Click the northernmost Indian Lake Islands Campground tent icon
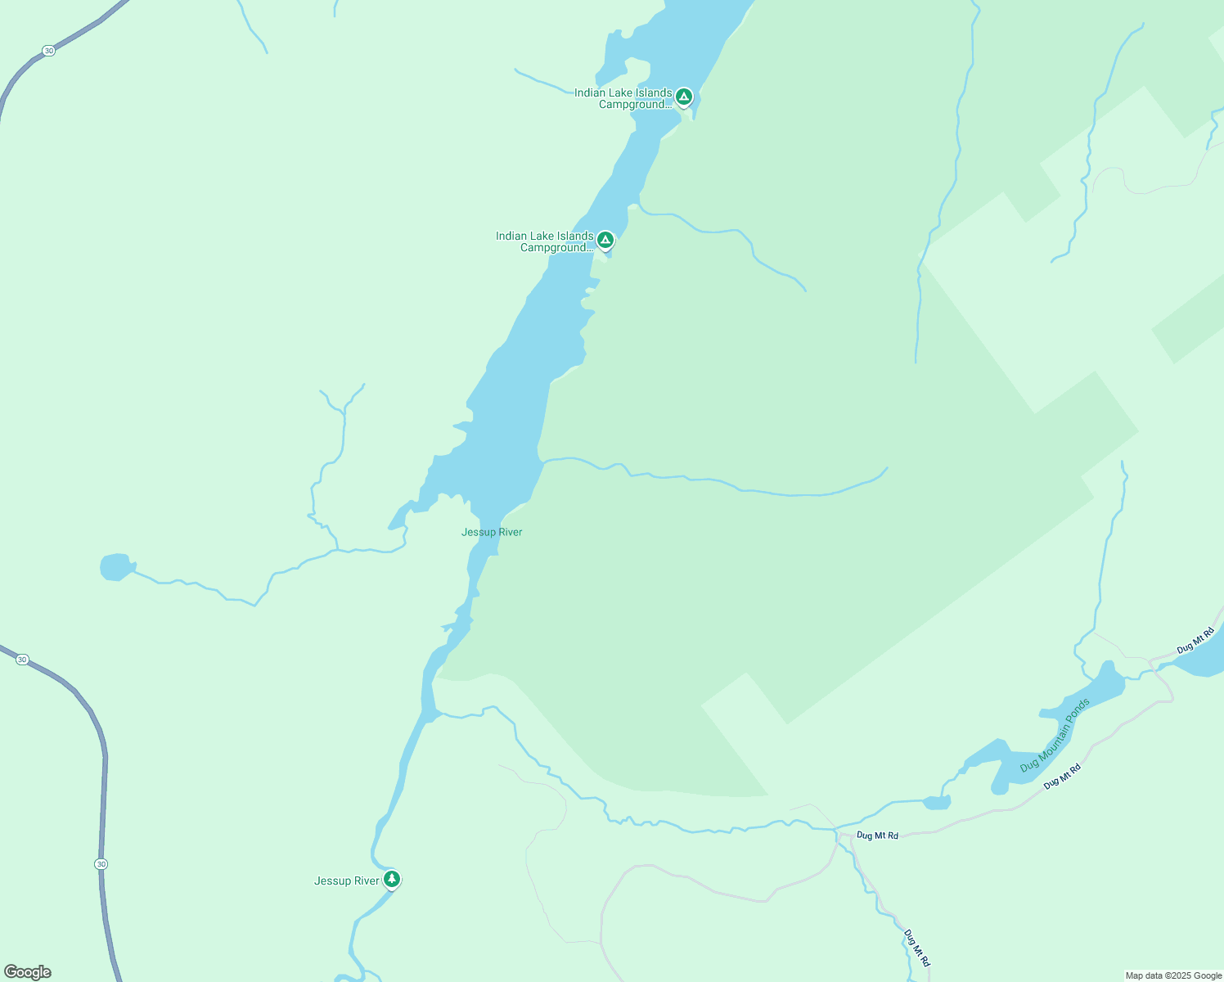pyautogui.click(x=684, y=97)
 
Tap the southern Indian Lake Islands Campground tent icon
pyautogui.click(x=605, y=240)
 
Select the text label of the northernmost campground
pyautogui.click(x=623, y=98)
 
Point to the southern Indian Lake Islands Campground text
pyautogui.click(x=545, y=241)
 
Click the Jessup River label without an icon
pyautogui.click(x=492, y=532)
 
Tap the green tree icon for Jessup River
pyautogui.click(x=392, y=879)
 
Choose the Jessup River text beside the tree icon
pyautogui.click(x=347, y=881)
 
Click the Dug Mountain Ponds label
pyautogui.click(x=1055, y=735)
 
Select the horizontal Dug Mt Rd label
pyautogui.click(x=877, y=836)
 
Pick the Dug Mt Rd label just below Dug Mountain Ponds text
pyautogui.click(x=1062, y=776)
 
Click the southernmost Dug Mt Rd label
pyautogui.click(x=917, y=948)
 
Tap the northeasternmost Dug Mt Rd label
pyautogui.click(x=1195, y=642)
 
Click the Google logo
pyautogui.click(x=28, y=972)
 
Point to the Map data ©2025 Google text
pyautogui.click(x=1173, y=975)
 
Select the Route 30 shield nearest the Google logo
pyautogui.click(x=101, y=864)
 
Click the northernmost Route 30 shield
pyautogui.click(x=49, y=51)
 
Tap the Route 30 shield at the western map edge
pyautogui.click(x=22, y=659)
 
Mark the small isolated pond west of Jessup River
pyautogui.click(x=116, y=567)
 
